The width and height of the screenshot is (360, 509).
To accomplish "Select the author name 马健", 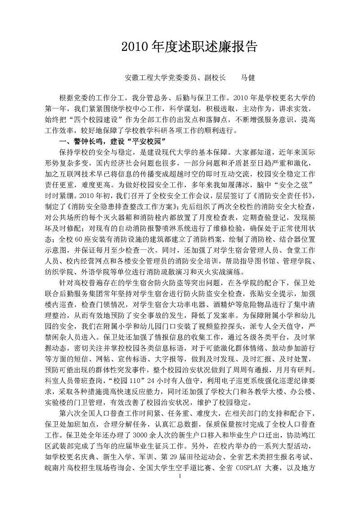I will tap(248, 77).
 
